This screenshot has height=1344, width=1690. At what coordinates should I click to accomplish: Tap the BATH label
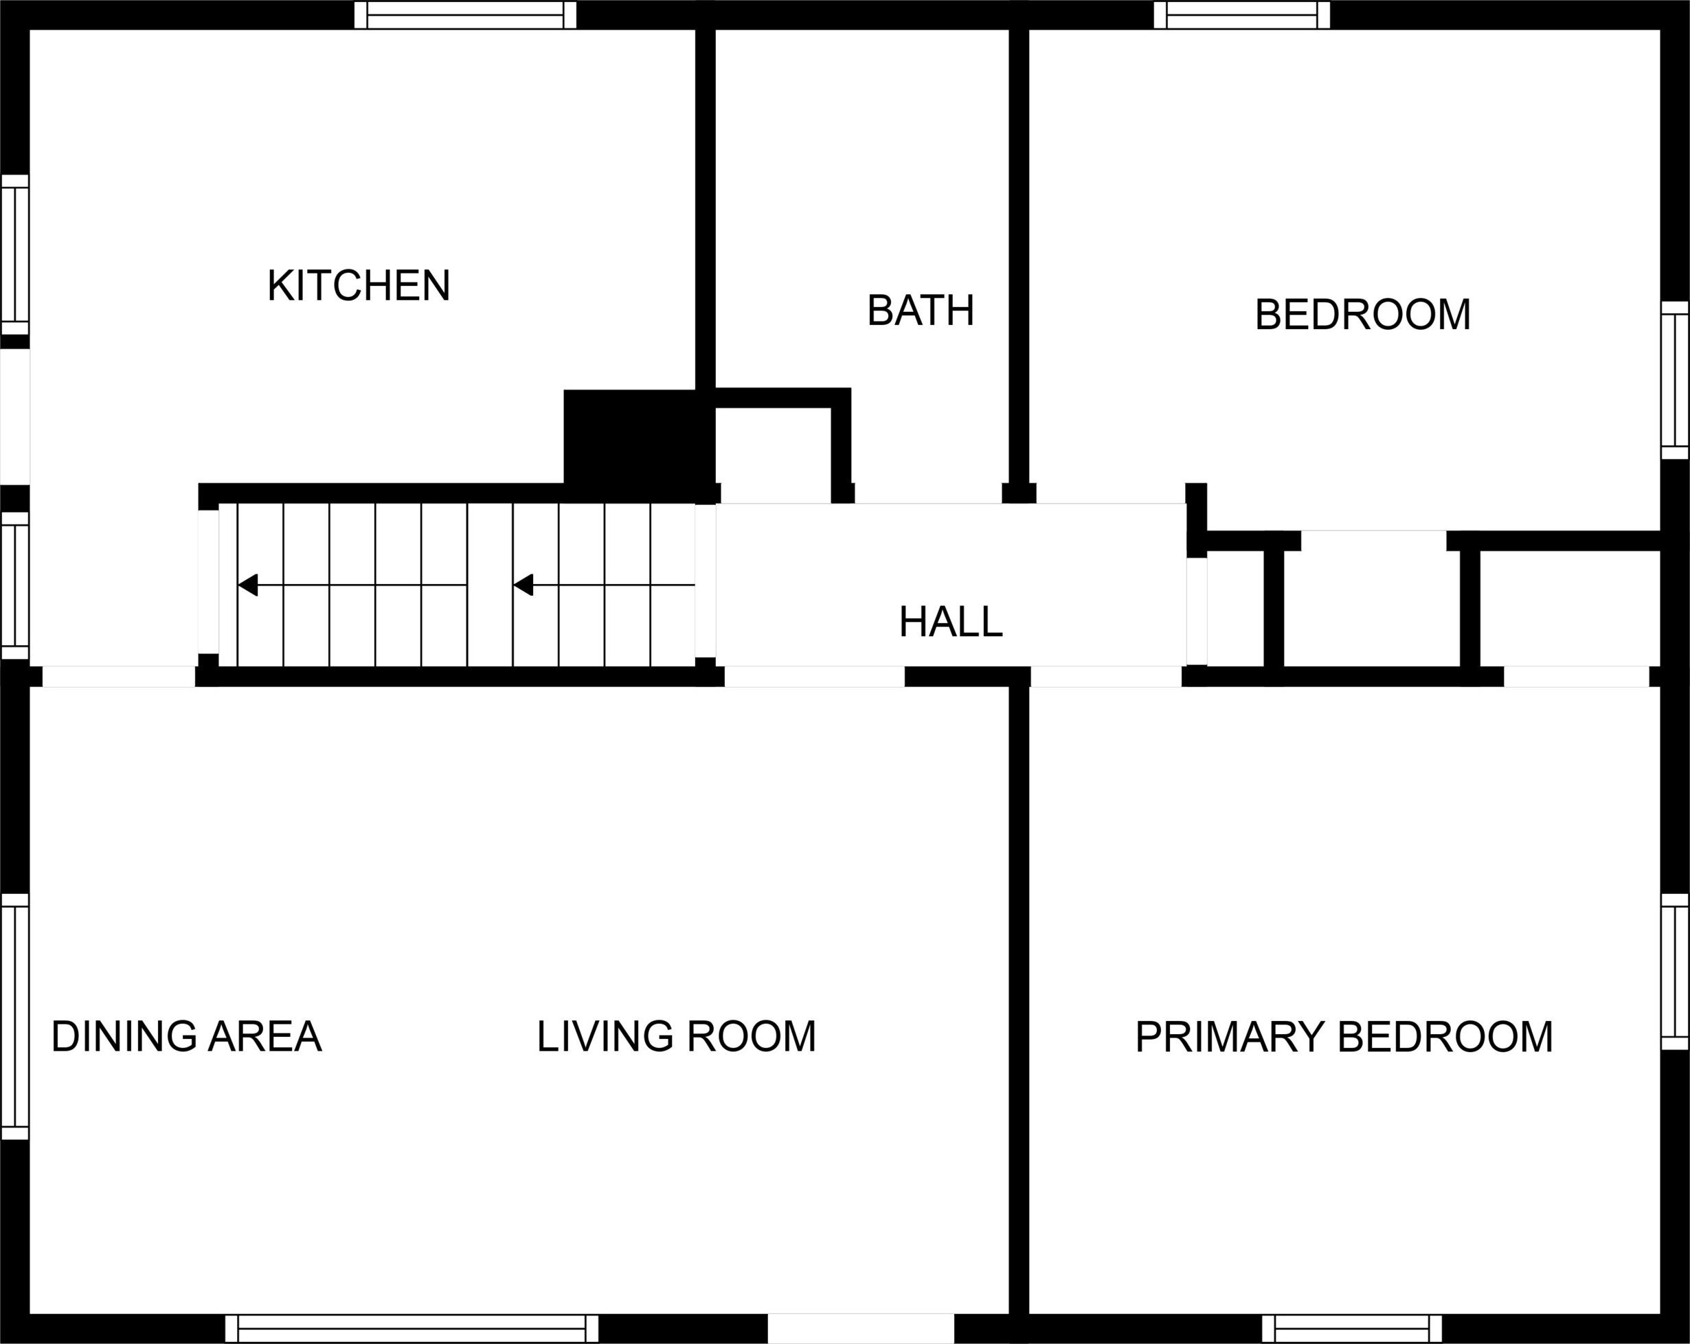pos(921,311)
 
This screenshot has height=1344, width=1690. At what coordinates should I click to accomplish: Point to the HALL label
pos(951,622)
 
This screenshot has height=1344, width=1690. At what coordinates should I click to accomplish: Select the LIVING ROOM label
pos(677,1037)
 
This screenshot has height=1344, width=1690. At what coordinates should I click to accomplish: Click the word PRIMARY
pos(1229,1037)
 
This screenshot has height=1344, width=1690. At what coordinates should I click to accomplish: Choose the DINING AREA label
pos(187,1037)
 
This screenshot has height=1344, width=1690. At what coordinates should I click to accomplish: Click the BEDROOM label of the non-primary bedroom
pos(1362,315)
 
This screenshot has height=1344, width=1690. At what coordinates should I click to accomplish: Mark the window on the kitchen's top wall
pos(466,15)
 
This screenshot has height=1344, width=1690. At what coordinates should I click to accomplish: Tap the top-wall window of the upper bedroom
pos(1241,15)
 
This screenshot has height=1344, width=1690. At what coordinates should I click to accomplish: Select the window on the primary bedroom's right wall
pos(1675,972)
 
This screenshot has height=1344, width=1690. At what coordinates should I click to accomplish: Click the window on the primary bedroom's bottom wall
pos(1352,1328)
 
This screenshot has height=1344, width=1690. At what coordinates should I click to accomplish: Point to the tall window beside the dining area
pos(15,1016)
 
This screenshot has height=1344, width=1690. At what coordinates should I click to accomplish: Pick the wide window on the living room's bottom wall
pos(412,1328)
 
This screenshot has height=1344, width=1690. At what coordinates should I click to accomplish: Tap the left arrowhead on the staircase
pos(248,585)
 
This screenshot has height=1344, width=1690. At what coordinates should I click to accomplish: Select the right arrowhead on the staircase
pos(523,585)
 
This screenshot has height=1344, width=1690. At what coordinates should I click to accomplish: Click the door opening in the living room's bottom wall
pos(861,1328)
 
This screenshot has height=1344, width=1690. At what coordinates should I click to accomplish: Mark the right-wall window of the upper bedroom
pos(1675,380)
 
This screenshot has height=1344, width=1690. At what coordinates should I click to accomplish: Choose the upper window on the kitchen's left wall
pos(15,255)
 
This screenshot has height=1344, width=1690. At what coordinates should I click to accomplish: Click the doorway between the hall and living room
pos(815,677)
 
